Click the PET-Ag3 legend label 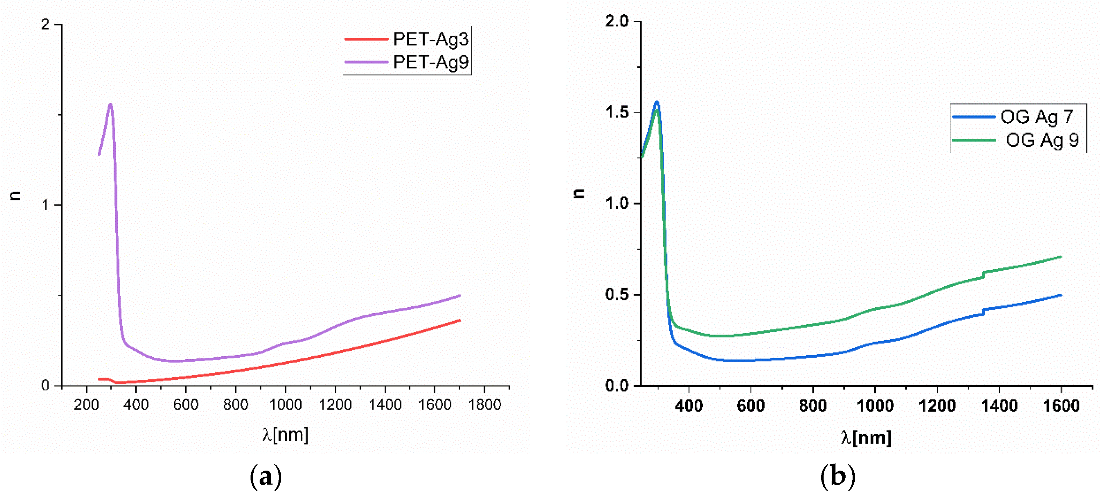coord(430,39)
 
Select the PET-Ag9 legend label coord(430,62)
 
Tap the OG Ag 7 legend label coord(1037,117)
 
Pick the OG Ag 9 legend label coord(1042,140)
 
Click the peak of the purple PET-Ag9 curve coord(111,104)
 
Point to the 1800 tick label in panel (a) coord(484,405)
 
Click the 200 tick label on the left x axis coord(86,405)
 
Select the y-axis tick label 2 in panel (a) coord(45,25)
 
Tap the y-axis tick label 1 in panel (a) coord(45,205)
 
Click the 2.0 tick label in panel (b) coord(617,21)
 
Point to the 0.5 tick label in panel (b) coord(617,294)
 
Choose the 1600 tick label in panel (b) coord(1061,406)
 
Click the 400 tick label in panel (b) coord(688,406)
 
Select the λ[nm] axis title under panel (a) coord(285,435)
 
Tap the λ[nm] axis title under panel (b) coord(866,438)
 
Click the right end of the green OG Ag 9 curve coord(1061,257)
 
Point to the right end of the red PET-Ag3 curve coord(459,320)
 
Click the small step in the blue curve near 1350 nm coord(983,312)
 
